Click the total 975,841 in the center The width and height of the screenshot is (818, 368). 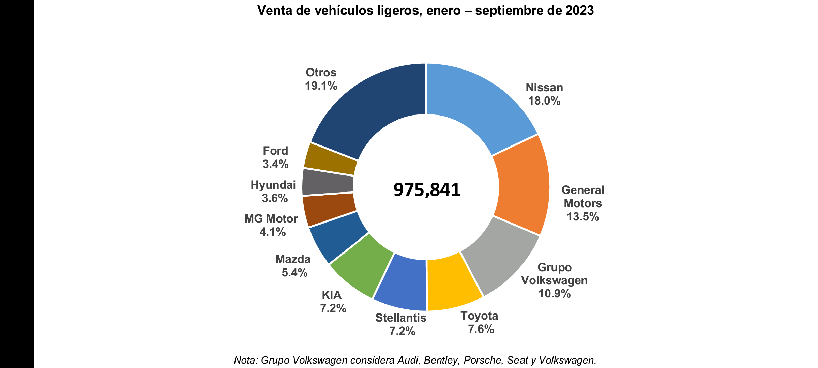(x=427, y=190)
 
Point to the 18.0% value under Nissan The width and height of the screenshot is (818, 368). (x=544, y=101)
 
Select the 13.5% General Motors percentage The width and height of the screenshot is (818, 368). (x=582, y=216)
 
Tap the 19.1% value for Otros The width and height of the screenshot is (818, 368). (x=321, y=86)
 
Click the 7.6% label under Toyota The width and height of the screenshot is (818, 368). (x=481, y=329)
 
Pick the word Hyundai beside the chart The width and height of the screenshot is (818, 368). (x=273, y=185)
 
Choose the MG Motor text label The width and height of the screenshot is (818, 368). (x=271, y=219)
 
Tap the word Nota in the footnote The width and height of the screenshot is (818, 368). (x=246, y=361)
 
